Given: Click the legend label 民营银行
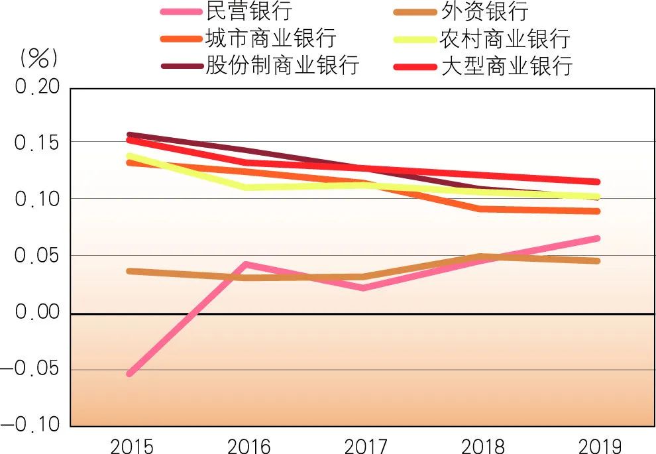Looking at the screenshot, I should pos(249,11).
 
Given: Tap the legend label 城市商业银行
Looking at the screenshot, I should pos(271,38).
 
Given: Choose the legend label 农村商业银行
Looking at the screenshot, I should pos(506,38).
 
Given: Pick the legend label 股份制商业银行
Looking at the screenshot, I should pos(282,66).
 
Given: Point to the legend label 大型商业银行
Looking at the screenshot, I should pos(506,66).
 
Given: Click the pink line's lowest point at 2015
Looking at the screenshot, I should pos(130,374).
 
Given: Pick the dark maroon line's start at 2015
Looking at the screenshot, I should pos(130,135).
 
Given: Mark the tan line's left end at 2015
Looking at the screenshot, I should pos(130,271).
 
